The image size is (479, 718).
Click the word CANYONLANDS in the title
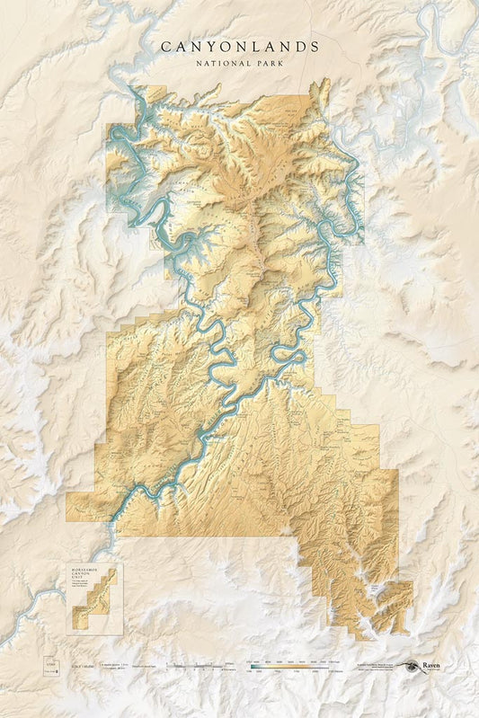click(239, 46)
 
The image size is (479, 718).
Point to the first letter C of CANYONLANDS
click(165, 46)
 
